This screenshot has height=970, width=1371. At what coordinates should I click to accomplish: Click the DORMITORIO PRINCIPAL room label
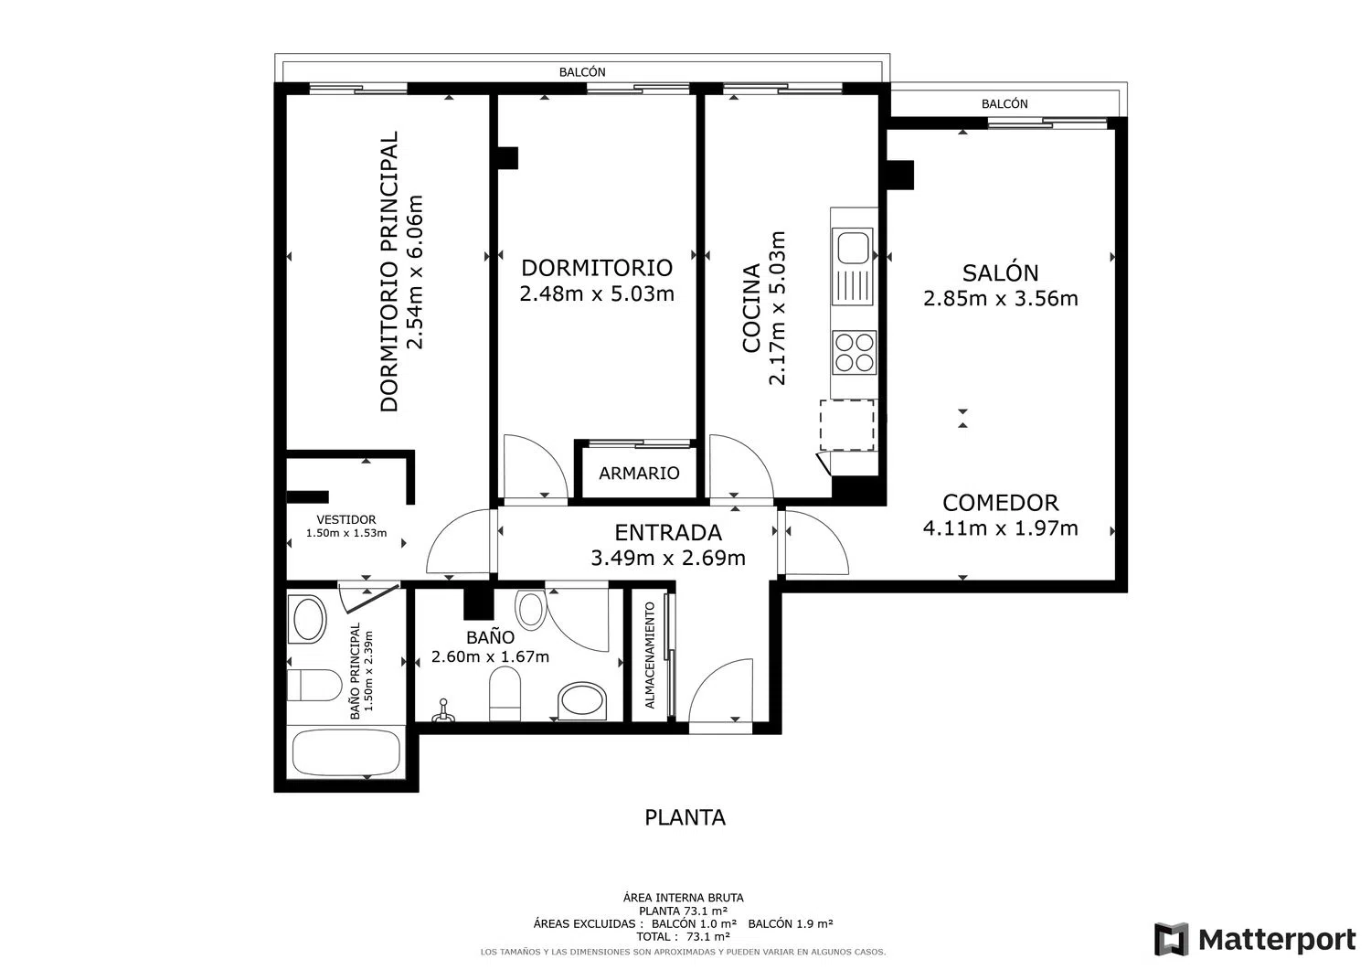click(389, 272)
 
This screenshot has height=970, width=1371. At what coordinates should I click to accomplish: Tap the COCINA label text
click(751, 308)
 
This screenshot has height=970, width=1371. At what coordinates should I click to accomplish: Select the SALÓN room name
click(1001, 272)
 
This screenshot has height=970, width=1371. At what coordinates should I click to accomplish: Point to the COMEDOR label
click(1001, 503)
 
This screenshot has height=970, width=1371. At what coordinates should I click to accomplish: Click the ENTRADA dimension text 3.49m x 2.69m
click(668, 558)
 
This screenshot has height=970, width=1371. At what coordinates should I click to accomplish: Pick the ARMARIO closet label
click(639, 474)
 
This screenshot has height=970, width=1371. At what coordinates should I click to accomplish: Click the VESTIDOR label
click(346, 519)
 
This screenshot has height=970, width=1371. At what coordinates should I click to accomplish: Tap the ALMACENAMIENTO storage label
click(650, 656)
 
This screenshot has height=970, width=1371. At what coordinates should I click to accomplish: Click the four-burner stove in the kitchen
click(855, 353)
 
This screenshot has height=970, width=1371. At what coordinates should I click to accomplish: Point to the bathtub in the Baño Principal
click(346, 752)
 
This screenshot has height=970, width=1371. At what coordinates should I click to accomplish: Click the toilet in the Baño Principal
click(314, 685)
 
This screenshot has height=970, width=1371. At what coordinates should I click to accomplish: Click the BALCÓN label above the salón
click(1004, 104)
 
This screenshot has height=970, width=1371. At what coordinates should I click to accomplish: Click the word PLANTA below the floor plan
click(685, 817)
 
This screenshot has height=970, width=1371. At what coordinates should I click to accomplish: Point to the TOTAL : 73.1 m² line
click(683, 936)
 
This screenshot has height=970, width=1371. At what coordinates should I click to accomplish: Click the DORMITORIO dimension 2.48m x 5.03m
click(597, 294)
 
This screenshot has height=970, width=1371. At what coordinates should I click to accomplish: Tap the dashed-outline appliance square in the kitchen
click(847, 425)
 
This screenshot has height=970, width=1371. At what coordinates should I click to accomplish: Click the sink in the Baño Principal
click(310, 619)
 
